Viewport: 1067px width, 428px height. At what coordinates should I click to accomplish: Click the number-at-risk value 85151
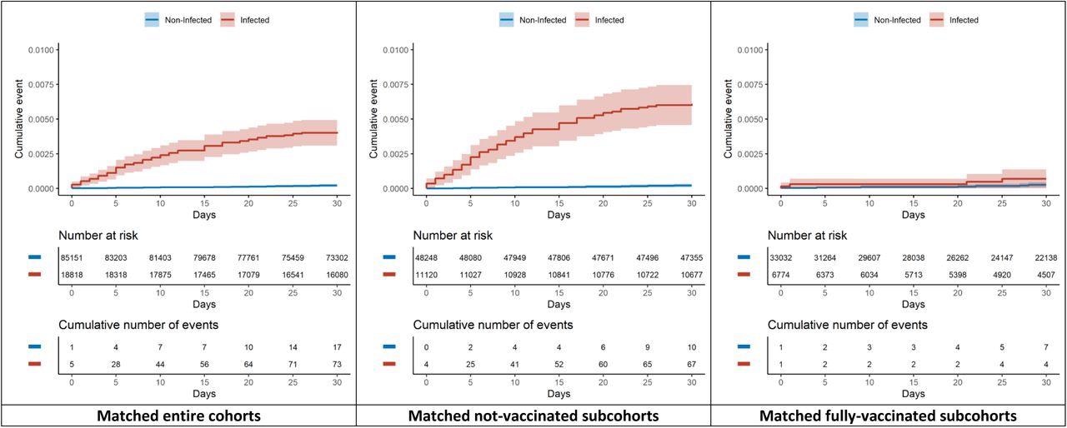tap(72, 258)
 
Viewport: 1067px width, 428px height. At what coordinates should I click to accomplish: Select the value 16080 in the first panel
tap(337, 273)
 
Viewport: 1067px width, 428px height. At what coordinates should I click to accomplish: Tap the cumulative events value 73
tap(337, 362)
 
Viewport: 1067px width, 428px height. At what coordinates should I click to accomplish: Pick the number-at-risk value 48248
tap(426, 258)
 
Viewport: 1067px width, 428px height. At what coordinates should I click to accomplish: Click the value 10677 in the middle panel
tap(691, 273)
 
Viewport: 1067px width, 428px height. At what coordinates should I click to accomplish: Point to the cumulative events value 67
tap(691, 362)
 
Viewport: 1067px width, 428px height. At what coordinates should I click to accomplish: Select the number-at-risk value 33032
tap(781, 258)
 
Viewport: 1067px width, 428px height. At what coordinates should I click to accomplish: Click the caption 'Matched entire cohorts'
tap(178, 416)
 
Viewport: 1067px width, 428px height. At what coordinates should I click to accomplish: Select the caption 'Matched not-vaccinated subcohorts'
tap(533, 416)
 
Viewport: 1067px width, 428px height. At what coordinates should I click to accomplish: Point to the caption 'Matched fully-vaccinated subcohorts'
tap(889, 416)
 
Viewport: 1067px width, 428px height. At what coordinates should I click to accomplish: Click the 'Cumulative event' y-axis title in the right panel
tap(728, 119)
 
